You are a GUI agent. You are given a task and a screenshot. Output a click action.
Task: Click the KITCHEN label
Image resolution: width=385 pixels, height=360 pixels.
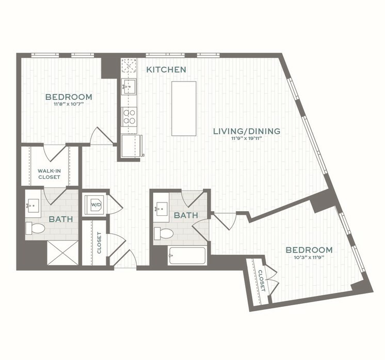click(x=166, y=69)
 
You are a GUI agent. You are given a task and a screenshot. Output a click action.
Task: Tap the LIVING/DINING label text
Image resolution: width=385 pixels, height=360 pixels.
click(x=247, y=131)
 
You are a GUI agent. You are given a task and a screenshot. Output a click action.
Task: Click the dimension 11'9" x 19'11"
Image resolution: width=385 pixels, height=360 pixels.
click(x=247, y=138)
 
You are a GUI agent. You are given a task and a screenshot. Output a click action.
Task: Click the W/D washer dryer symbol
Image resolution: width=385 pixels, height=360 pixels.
click(x=95, y=205)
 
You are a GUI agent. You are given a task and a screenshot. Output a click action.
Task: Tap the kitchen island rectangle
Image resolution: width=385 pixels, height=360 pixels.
click(x=184, y=108)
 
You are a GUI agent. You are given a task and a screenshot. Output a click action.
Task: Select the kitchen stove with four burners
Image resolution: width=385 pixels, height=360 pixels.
click(x=129, y=116)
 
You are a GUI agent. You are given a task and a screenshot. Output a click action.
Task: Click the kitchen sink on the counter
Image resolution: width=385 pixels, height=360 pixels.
click(x=129, y=86)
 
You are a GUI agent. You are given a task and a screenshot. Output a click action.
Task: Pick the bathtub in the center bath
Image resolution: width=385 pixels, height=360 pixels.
click(x=187, y=256)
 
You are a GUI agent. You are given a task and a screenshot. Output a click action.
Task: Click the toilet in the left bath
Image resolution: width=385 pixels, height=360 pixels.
click(x=35, y=228)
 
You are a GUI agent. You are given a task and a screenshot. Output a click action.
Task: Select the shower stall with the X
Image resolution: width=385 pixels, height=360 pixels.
click(x=62, y=253)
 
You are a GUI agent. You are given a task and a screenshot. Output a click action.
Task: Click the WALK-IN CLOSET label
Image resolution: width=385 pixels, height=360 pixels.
click(x=49, y=174)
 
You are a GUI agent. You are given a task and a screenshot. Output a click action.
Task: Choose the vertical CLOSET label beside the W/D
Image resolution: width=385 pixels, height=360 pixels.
click(x=99, y=243)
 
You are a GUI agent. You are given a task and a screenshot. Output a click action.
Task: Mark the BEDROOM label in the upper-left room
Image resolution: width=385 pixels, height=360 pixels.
click(x=69, y=97)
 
